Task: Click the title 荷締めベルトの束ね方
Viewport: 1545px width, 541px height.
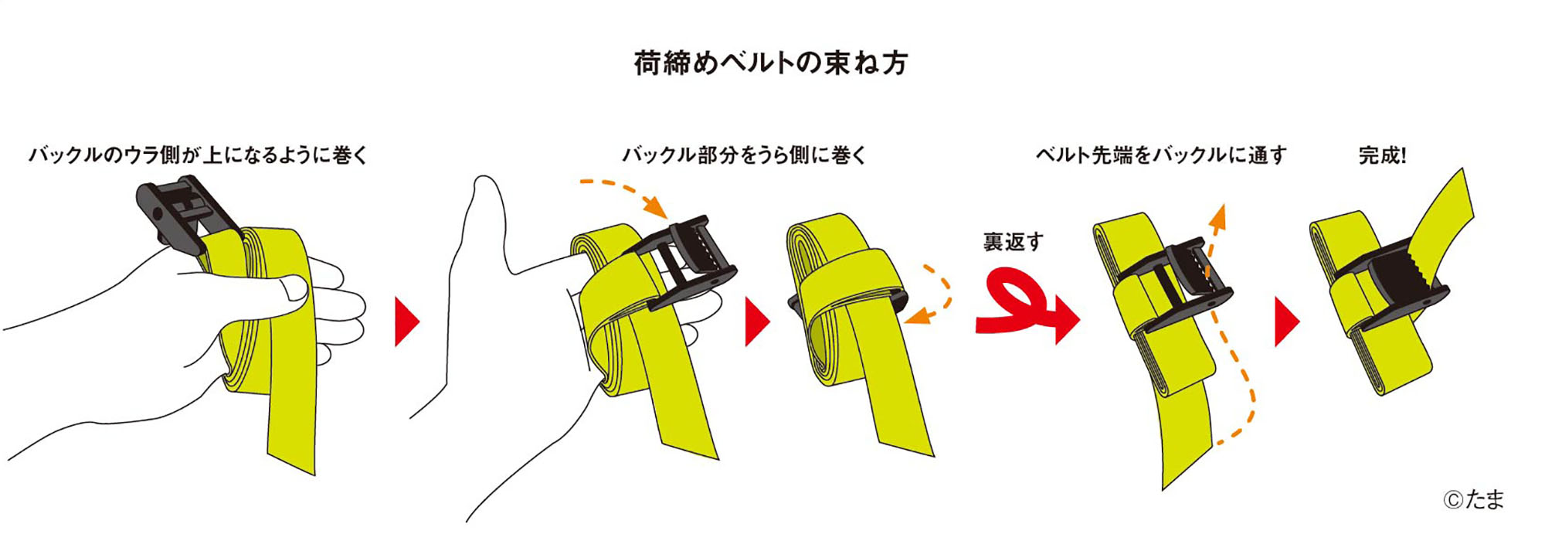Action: point(771,63)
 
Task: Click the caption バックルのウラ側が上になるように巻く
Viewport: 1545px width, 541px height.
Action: point(199,155)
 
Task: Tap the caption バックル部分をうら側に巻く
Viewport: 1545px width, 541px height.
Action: point(745,155)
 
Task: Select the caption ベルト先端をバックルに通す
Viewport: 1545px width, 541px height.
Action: point(1161,155)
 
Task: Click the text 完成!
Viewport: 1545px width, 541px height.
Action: point(1383,155)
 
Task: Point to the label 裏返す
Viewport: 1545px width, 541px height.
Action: point(1014,242)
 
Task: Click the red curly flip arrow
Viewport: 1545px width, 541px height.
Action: point(1027,305)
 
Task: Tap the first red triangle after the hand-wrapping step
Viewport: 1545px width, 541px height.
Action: point(406,322)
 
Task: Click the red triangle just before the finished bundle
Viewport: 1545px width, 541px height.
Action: point(1286,322)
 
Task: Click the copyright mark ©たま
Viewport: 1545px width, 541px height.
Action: point(1473,499)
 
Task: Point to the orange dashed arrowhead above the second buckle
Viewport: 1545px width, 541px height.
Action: point(656,207)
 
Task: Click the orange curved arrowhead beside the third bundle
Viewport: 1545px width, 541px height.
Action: point(915,316)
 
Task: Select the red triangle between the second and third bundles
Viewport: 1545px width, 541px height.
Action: point(757,322)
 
